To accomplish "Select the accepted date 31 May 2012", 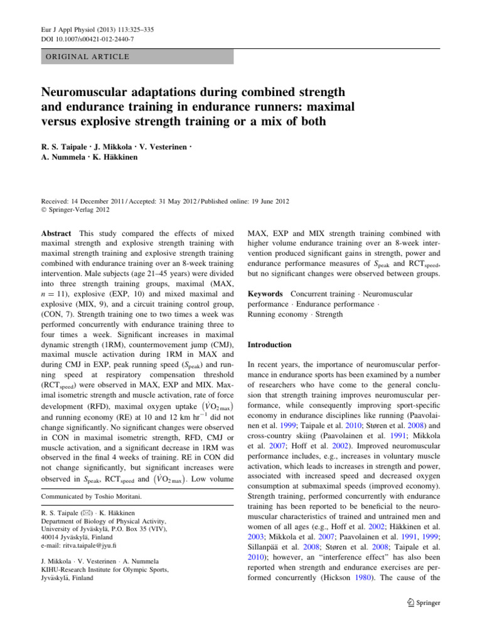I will (x=172, y=184).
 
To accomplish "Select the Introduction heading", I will (x=270, y=345).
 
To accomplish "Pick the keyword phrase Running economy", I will (x=277, y=314).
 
